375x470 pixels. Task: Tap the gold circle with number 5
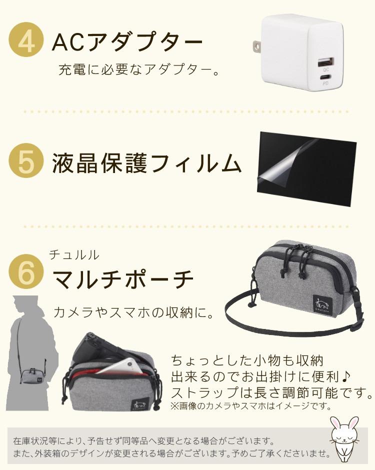26,160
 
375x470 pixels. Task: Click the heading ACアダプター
127,41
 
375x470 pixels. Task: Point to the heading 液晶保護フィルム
147,163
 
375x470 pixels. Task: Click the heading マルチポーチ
123,279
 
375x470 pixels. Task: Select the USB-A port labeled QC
324,62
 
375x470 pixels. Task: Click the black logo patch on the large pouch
322,304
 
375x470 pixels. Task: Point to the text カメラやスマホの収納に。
133,312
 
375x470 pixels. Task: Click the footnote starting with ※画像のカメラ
251,406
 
